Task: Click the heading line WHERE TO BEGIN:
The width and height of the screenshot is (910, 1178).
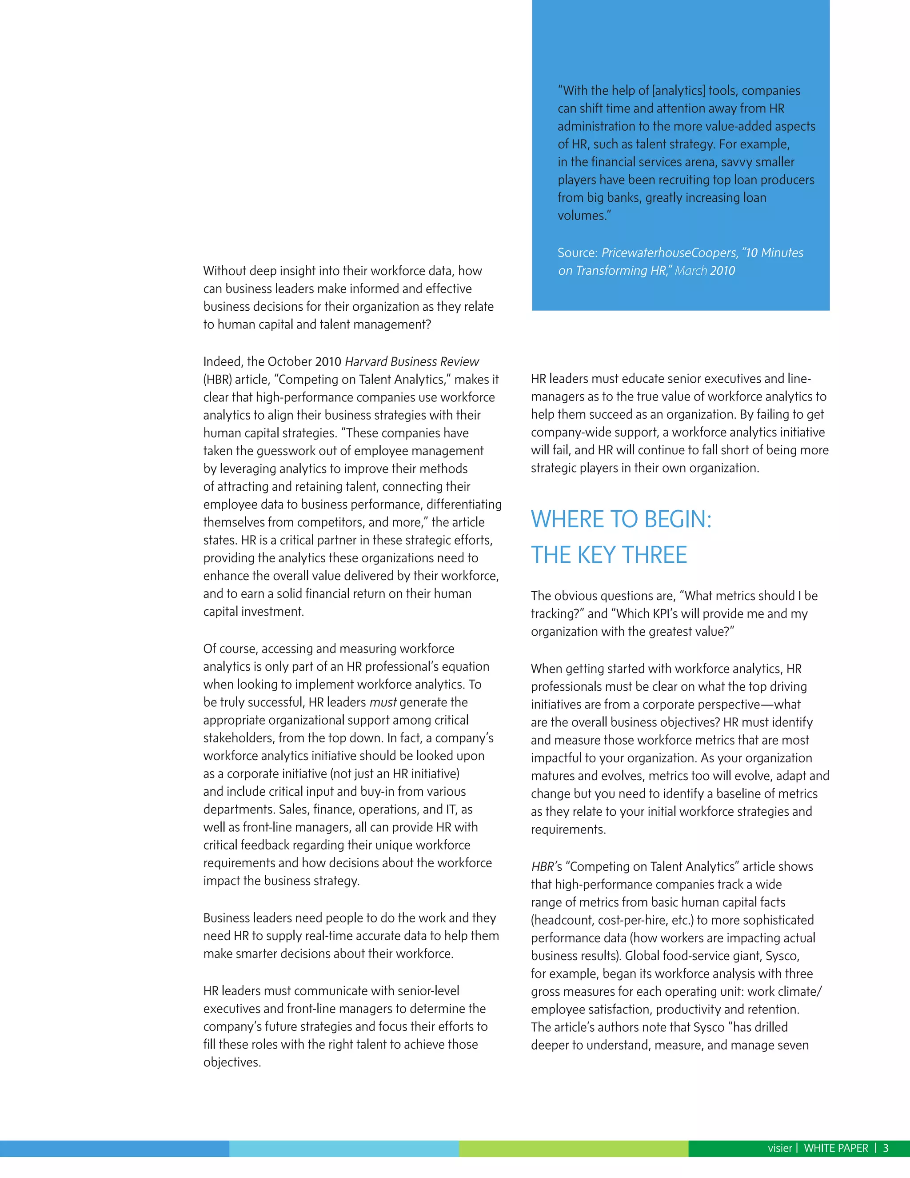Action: (621, 519)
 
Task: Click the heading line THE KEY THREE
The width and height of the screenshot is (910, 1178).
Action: (609, 555)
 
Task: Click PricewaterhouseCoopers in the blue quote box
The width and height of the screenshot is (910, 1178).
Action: (669, 253)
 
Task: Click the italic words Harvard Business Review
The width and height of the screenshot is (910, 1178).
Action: (412, 361)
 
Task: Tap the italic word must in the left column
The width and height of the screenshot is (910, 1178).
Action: (383, 702)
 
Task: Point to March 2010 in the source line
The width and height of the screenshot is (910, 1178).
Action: (705, 271)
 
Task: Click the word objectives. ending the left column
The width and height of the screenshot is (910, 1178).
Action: (232, 1062)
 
